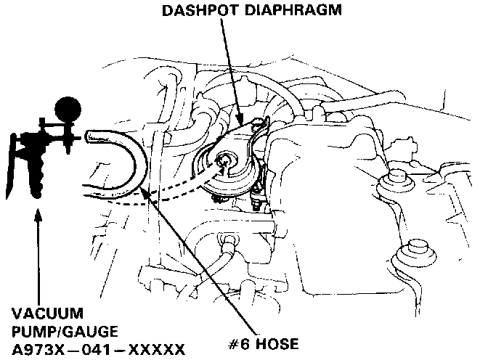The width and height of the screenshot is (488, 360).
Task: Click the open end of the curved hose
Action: tap(88, 135)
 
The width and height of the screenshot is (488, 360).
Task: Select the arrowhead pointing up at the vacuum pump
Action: tap(36, 216)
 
